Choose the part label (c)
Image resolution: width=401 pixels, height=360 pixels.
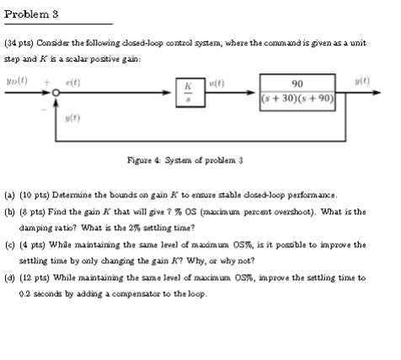tap(10, 244)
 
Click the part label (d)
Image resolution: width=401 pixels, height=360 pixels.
tap(10, 277)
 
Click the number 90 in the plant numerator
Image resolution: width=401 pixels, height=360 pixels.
tap(295, 85)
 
